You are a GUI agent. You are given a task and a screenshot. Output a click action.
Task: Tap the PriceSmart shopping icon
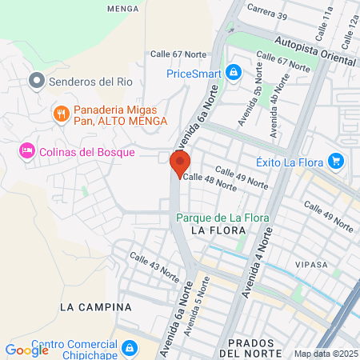(233, 73)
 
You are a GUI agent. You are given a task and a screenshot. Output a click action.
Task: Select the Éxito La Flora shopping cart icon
(336, 162)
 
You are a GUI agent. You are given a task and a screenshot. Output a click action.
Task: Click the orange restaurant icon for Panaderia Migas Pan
(60, 114)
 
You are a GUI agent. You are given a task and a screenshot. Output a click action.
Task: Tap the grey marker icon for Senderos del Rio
(35, 80)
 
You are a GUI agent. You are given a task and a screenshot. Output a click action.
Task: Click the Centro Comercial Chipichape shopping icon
(130, 350)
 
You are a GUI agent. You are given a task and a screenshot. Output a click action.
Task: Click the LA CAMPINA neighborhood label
(95, 306)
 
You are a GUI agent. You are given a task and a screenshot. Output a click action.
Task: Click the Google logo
(27, 350)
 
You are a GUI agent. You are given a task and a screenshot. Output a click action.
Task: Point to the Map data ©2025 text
(326, 354)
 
